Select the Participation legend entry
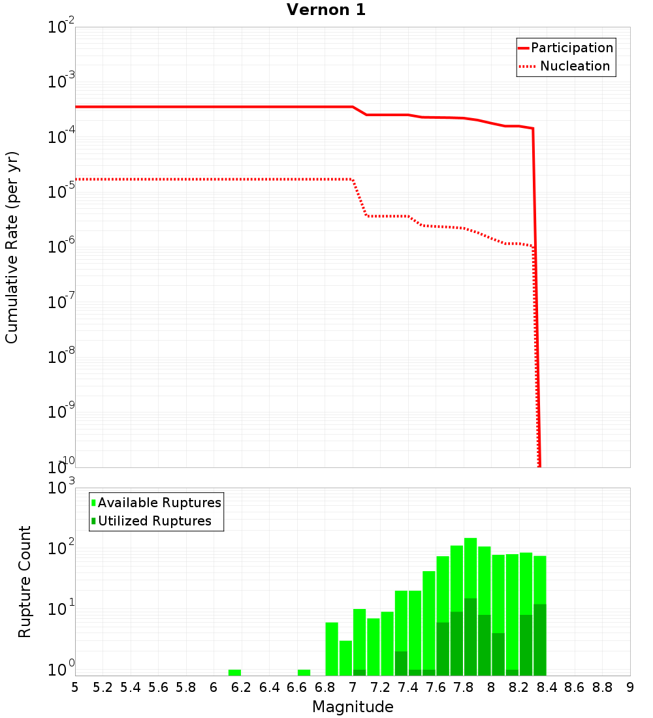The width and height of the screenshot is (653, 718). (571, 48)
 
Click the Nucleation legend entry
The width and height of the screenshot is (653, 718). (574, 67)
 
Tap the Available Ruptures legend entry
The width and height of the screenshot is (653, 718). (159, 503)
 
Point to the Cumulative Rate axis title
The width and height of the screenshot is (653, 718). (12, 247)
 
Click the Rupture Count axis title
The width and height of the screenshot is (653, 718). (25, 582)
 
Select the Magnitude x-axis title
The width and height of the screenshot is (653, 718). (353, 707)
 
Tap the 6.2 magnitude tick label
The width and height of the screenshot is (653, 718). (242, 687)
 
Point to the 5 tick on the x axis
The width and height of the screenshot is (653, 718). (75, 687)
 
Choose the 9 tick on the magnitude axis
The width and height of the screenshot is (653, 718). (630, 687)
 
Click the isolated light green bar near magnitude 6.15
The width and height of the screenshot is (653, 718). (234, 672)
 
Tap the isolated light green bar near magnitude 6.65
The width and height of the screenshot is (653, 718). (304, 672)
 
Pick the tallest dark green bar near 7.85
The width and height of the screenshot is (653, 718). (470, 636)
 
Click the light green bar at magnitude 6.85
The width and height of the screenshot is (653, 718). (332, 649)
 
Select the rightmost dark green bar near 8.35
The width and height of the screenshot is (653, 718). (539, 640)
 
